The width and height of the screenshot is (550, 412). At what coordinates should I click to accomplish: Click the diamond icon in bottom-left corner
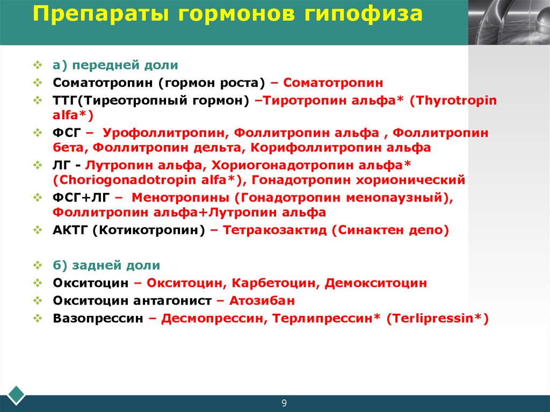point(17,394)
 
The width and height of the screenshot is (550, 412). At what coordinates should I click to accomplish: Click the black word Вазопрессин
point(98,318)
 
